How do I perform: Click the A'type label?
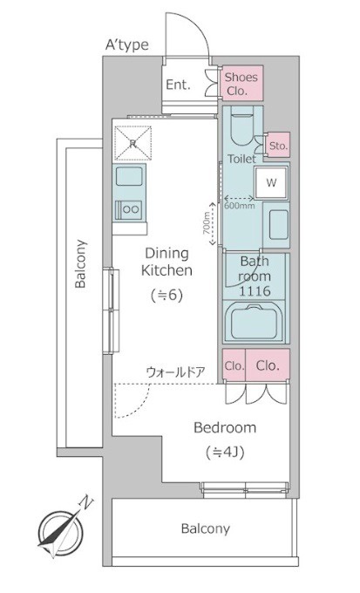tap(126, 45)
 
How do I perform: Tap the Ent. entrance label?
tap(178, 85)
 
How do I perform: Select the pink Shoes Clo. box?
tap(242, 83)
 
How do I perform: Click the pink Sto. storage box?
tap(278, 145)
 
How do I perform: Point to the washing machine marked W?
tap(271, 182)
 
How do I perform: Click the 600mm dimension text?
tap(240, 206)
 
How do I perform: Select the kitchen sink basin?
tap(129, 176)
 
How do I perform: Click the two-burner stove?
tap(129, 209)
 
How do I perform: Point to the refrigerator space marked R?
tap(132, 143)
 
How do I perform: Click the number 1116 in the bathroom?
tap(255, 291)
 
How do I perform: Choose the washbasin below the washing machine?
tap(279, 225)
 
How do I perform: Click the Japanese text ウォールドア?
tap(175, 372)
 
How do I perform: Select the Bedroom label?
tap(225, 427)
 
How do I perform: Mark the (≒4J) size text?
tap(225, 452)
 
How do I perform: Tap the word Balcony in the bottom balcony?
tap(206, 528)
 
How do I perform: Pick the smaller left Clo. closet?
tap(234, 365)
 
